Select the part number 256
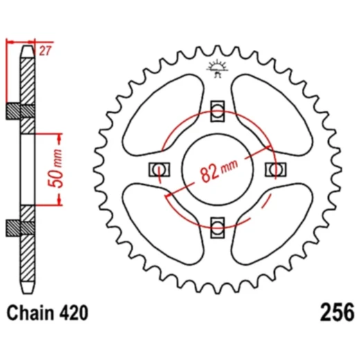click(x=337, y=312)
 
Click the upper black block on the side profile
click(x=21, y=111)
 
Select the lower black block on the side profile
click(x=21, y=226)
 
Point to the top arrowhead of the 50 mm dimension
click(x=60, y=134)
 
